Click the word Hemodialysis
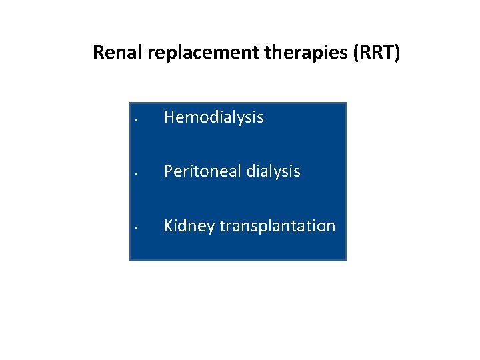tap(213, 118)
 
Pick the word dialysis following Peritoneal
tap(273, 171)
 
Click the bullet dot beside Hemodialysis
tap(135, 121)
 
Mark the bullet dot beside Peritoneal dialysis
tap(135, 175)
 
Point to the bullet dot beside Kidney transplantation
tap(135, 229)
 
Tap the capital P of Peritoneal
tap(168, 171)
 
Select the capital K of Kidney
tap(169, 226)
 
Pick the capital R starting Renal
tap(98, 52)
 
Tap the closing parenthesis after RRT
tap(397, 52)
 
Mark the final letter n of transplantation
tap(331, 227)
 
